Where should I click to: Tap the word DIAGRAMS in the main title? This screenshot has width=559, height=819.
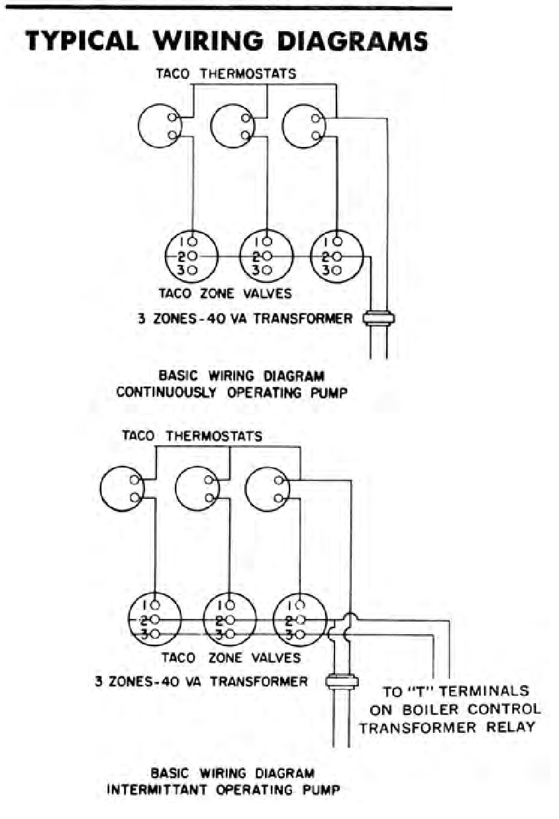[353, 40]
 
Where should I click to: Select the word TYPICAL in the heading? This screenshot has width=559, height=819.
[83, 40]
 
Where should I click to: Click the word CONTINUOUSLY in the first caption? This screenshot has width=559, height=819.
[167, 392]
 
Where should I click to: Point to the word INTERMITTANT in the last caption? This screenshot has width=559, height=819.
[158, 789]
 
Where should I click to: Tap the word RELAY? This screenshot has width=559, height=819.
[511, 727]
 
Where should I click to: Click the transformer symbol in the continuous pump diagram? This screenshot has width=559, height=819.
[379, 318]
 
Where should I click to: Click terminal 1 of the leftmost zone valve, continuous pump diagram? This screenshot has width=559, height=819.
[193, 242]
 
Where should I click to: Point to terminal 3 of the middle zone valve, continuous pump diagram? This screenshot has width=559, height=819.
[267, 270]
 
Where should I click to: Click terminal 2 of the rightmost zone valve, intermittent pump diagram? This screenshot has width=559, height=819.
[300, 620]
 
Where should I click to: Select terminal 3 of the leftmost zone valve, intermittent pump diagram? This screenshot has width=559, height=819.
[155, 633]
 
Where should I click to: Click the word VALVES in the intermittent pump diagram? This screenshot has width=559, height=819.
[276, 657]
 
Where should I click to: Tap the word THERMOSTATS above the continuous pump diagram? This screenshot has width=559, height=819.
[248, 74]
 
